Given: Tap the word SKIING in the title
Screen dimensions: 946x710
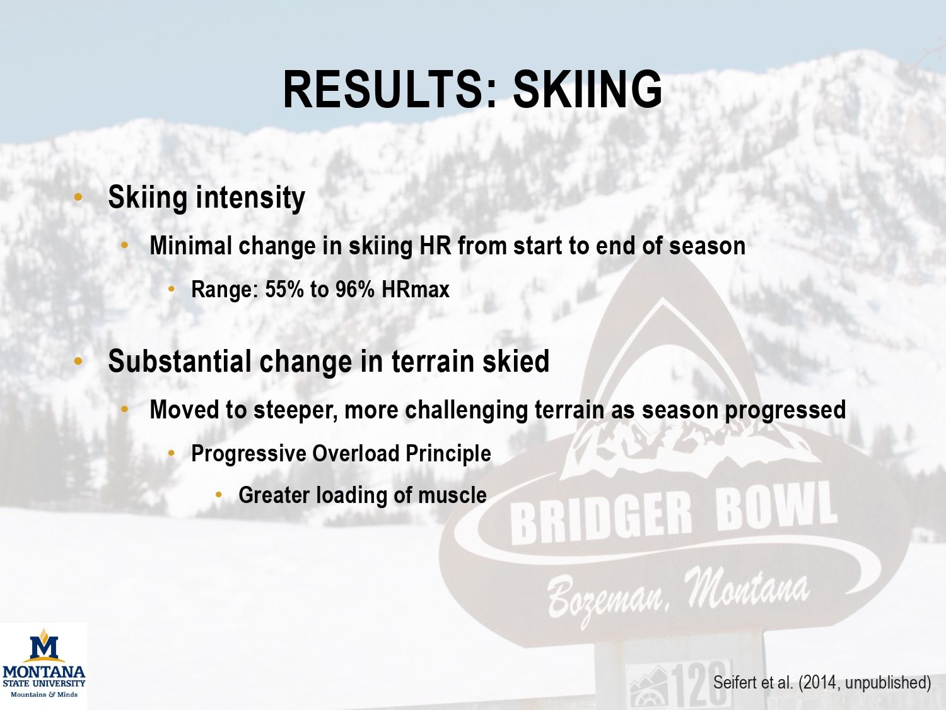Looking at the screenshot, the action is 587,90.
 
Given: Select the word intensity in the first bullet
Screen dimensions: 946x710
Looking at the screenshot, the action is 250,198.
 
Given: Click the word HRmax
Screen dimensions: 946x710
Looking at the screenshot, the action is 416,289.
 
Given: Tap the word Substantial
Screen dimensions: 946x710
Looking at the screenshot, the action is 180,361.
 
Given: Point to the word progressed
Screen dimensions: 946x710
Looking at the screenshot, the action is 786,410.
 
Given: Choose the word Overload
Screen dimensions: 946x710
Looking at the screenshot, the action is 356,453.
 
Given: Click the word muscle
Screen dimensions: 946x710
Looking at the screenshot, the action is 453,495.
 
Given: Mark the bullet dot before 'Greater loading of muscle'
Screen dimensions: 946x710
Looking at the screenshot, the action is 218,495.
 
